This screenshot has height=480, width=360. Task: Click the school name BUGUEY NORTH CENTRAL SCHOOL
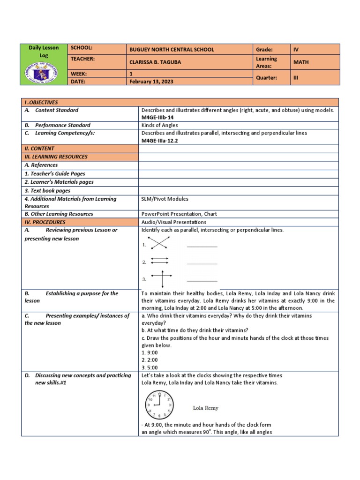pyautogui.click(x=172, y=49)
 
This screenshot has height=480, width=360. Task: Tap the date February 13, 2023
pyautogui.click(x=151, y=81)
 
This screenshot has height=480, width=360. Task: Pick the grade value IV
pyautogui.click(x=296, y=49)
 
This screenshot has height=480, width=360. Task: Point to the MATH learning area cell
pyautogui.click(x=301, y=62)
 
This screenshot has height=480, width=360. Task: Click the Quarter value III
pyautogui.click(x=296, y=78)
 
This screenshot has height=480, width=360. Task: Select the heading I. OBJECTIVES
pyautogui.click(x=41, y=102)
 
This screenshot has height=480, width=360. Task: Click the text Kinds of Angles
pyautogui.click(x=159, y=125)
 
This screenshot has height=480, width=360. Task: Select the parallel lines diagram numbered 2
pyautogui.click(x=159, y=262)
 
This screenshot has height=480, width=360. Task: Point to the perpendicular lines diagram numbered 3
pyautogui.click(x=161, y=279)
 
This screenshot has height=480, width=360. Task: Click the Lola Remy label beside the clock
pyautogui.click(x=206, y=408)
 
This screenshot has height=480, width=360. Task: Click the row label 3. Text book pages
pyautogui.click(x=47, y=191)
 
